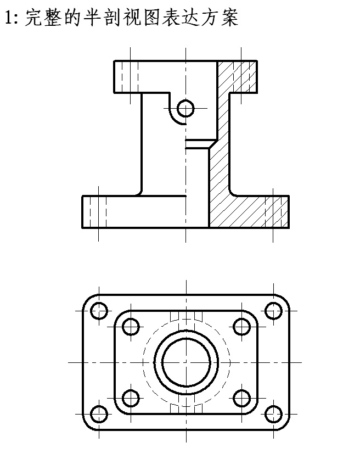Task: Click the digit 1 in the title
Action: [x=7, y=18]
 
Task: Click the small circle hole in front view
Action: [x=186, y=108]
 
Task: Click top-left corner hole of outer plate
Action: [x=99, y=311]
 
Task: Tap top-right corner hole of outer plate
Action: [x=273, y=311]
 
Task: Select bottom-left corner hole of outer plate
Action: [x=99, y=414]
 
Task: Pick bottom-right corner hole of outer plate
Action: [x=273, y=414]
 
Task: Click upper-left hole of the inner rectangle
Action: [x=130, y=326]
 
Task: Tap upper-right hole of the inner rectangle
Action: [x=242, y=326]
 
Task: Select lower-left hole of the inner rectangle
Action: [x=130, y=398]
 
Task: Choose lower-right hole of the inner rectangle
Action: [x=242, y=398]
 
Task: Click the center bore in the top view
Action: [x=186, y=362]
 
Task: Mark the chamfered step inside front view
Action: [x=199, y=144]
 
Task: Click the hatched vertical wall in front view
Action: [x=220, y=165]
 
